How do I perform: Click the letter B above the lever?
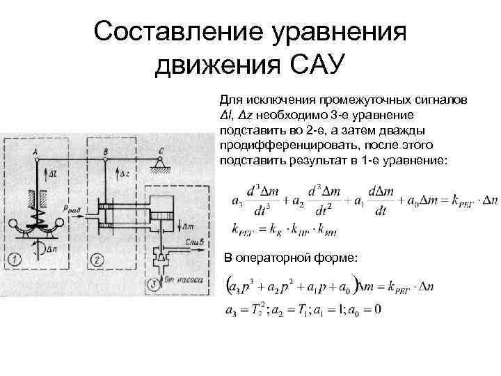click(104, 150)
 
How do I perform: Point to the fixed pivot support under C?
click(161, 167)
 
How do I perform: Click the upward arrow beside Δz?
click(115, 174)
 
